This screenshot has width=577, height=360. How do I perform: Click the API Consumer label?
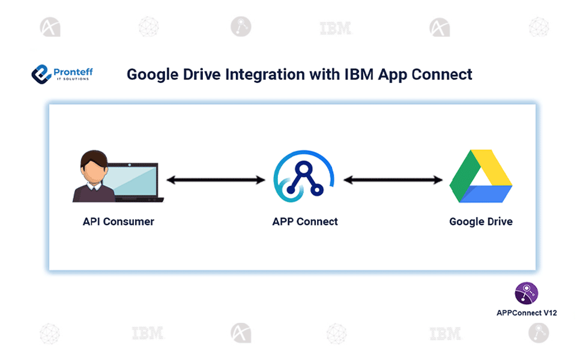point(118,221)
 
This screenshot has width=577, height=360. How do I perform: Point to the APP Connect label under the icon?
point(305,221)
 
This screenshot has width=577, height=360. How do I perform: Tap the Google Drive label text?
point(481,221)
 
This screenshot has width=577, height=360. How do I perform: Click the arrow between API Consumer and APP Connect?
point(216,179)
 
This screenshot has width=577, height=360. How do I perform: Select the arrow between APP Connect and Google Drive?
point(393,179)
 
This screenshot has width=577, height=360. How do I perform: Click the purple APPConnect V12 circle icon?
point(527,293)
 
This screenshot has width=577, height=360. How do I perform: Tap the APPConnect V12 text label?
point(527,313)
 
